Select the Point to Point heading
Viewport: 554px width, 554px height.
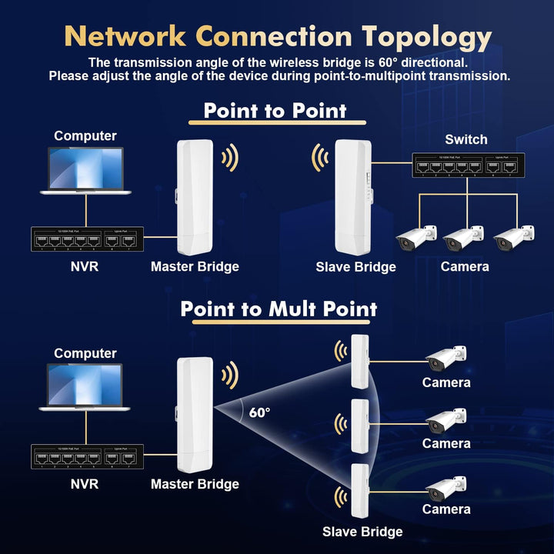pos(275,110)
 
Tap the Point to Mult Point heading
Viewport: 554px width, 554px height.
pos(279,309)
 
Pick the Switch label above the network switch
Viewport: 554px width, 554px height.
pos(466,139)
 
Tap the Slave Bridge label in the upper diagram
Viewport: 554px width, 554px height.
pos(355,267)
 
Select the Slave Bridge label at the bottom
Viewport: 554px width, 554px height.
pos(362,532)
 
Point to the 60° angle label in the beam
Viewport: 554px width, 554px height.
pos(259,412)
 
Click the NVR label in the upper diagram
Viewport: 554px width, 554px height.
pos(85,267)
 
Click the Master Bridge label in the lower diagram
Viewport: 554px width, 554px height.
pos(195,484)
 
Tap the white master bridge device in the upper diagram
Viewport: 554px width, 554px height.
pos(195,197)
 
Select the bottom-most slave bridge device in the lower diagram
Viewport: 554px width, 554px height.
pos(359,492)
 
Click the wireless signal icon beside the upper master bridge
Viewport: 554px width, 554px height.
pos(229,159)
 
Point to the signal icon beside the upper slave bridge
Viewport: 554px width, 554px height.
pos(319,159)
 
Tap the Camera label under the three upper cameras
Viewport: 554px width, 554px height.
pos(465,267)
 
